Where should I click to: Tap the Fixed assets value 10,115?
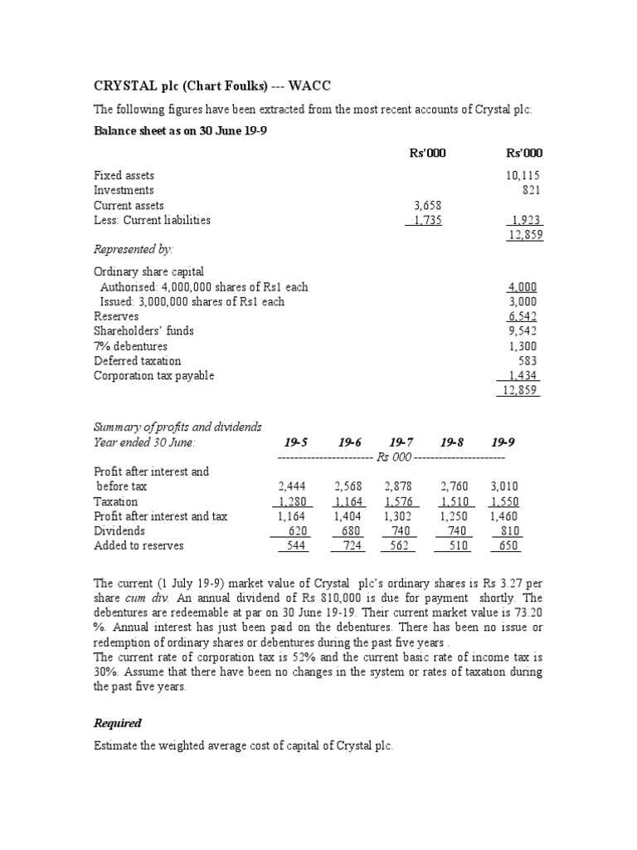click(x=523, y=175)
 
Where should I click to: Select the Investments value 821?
click(x=529, y=190)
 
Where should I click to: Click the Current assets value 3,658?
click(x=428, y=205)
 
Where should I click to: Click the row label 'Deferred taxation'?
click(x=137, y=361)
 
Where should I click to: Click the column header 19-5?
click(x=297, y=442)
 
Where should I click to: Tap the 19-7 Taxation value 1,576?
click(x=401, y=501)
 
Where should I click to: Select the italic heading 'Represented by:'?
click(x=134, y=249)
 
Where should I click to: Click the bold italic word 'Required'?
click(x=117, y=723)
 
